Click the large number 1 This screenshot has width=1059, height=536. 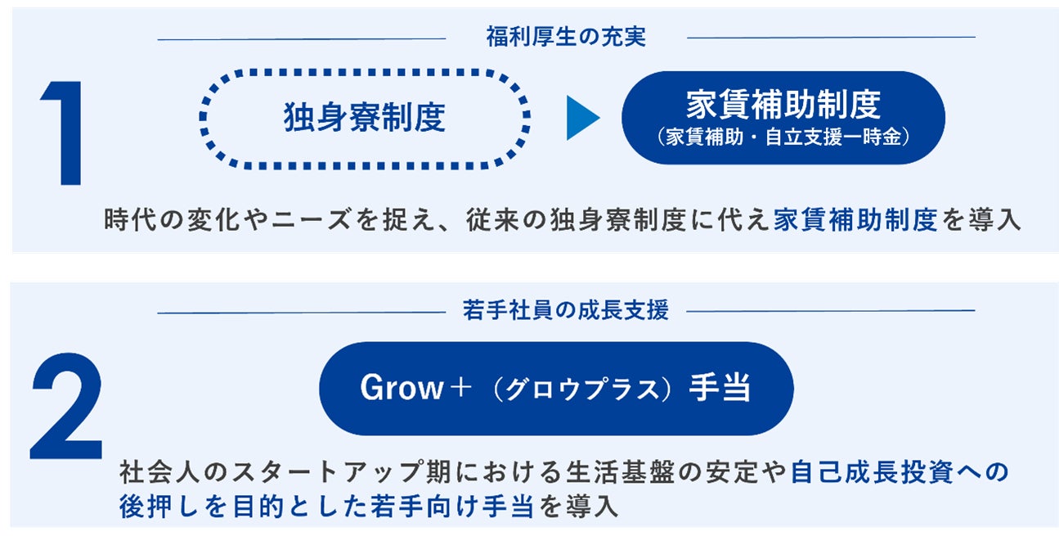65,133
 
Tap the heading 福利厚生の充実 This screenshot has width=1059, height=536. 566,37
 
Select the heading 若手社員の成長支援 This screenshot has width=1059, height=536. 566,310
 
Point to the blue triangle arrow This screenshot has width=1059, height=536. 582,119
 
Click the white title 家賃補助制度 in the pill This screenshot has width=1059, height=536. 783,105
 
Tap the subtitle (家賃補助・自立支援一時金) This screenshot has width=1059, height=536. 783,137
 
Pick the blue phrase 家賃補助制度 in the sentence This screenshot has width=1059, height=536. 855,221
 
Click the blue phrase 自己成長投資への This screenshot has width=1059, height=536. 900,472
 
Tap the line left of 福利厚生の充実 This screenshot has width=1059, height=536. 301,38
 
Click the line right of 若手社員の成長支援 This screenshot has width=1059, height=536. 831,311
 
